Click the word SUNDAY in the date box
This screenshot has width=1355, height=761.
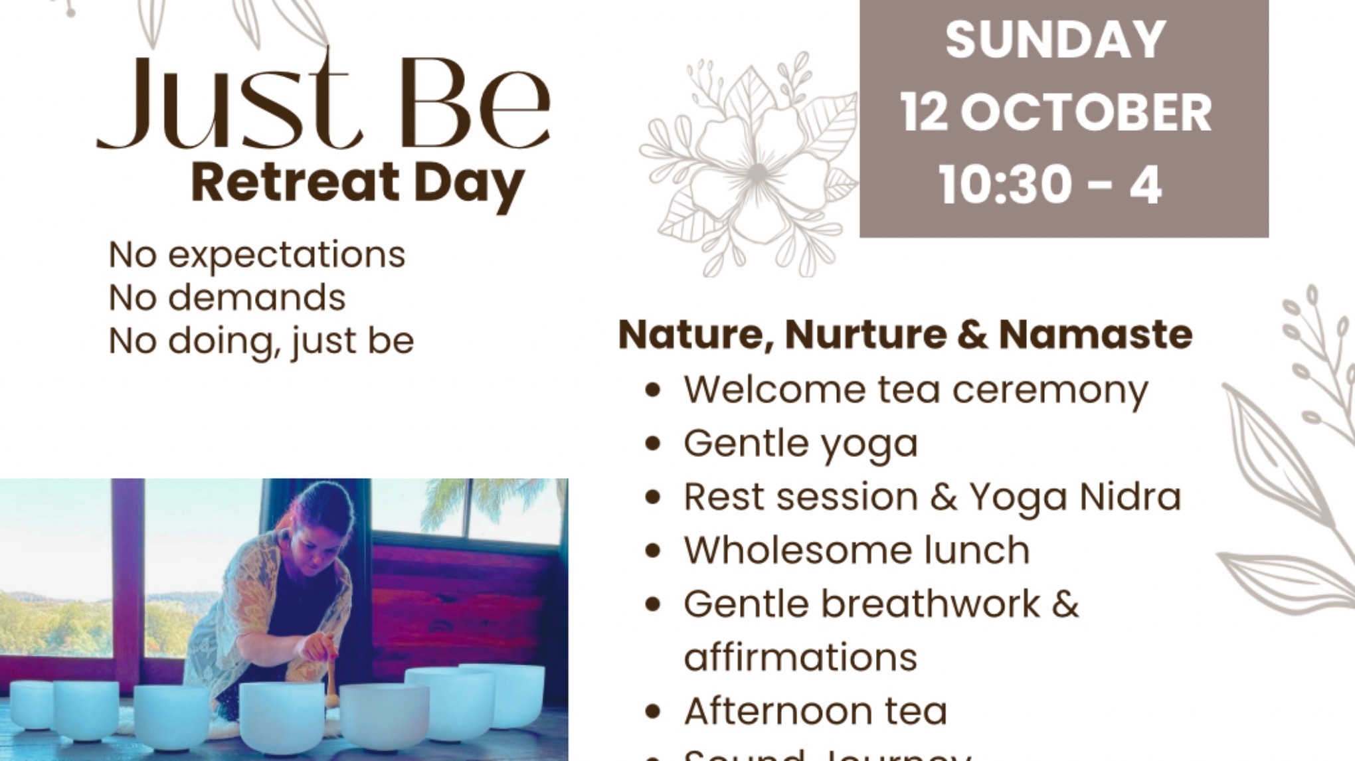pyautogui.click(x=1055, y=40)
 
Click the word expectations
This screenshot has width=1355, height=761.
pyautogui.click(x=286, y=255)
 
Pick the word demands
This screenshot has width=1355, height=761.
pyautogui.click(x=256, y=298)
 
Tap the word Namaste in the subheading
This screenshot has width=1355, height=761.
pyautogui.click(x=1095, y=334)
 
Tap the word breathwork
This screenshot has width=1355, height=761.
pyautogui.click(x=930, y=604)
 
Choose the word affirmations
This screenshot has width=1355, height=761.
pyautogui.click(x=800, y=658)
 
